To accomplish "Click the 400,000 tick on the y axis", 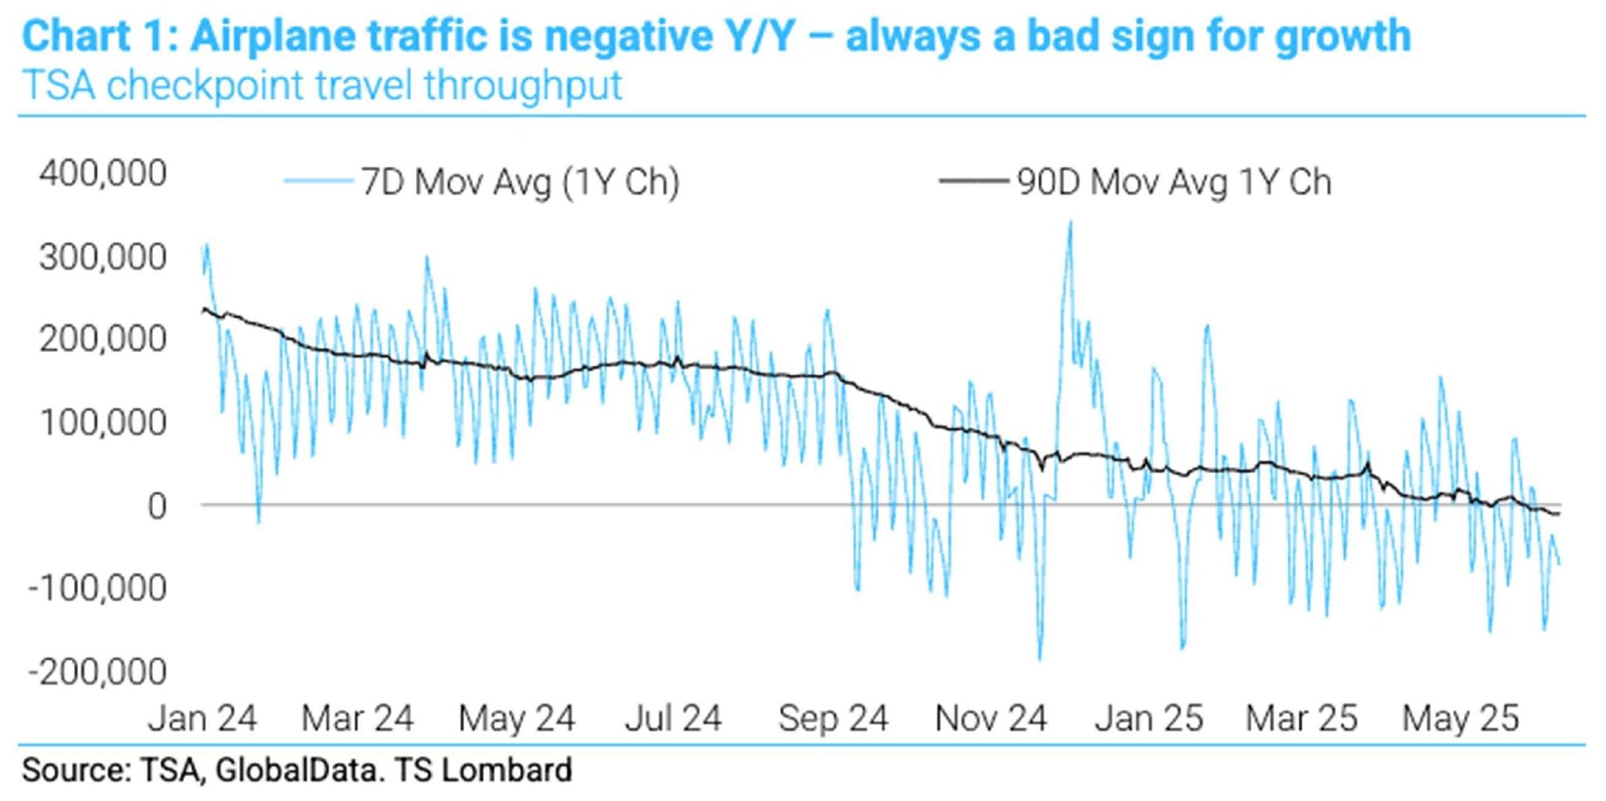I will coord(103,173).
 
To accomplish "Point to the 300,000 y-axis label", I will coord(103,257).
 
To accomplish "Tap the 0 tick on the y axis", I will coord(157,506).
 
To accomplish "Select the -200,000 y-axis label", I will coord(97,672).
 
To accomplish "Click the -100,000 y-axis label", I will coord(97,588).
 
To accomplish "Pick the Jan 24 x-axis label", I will coord(202,718).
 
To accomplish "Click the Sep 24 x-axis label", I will coord(833,718).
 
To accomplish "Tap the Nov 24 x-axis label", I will coord(990,718).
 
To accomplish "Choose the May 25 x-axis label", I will coord(1460,718).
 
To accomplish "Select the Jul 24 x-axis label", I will coord(673,718).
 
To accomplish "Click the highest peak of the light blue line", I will coord(1070,223).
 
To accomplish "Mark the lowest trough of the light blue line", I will coord(1041,659).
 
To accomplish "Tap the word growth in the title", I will coord(1342,36).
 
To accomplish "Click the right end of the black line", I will coord(1559,514).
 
